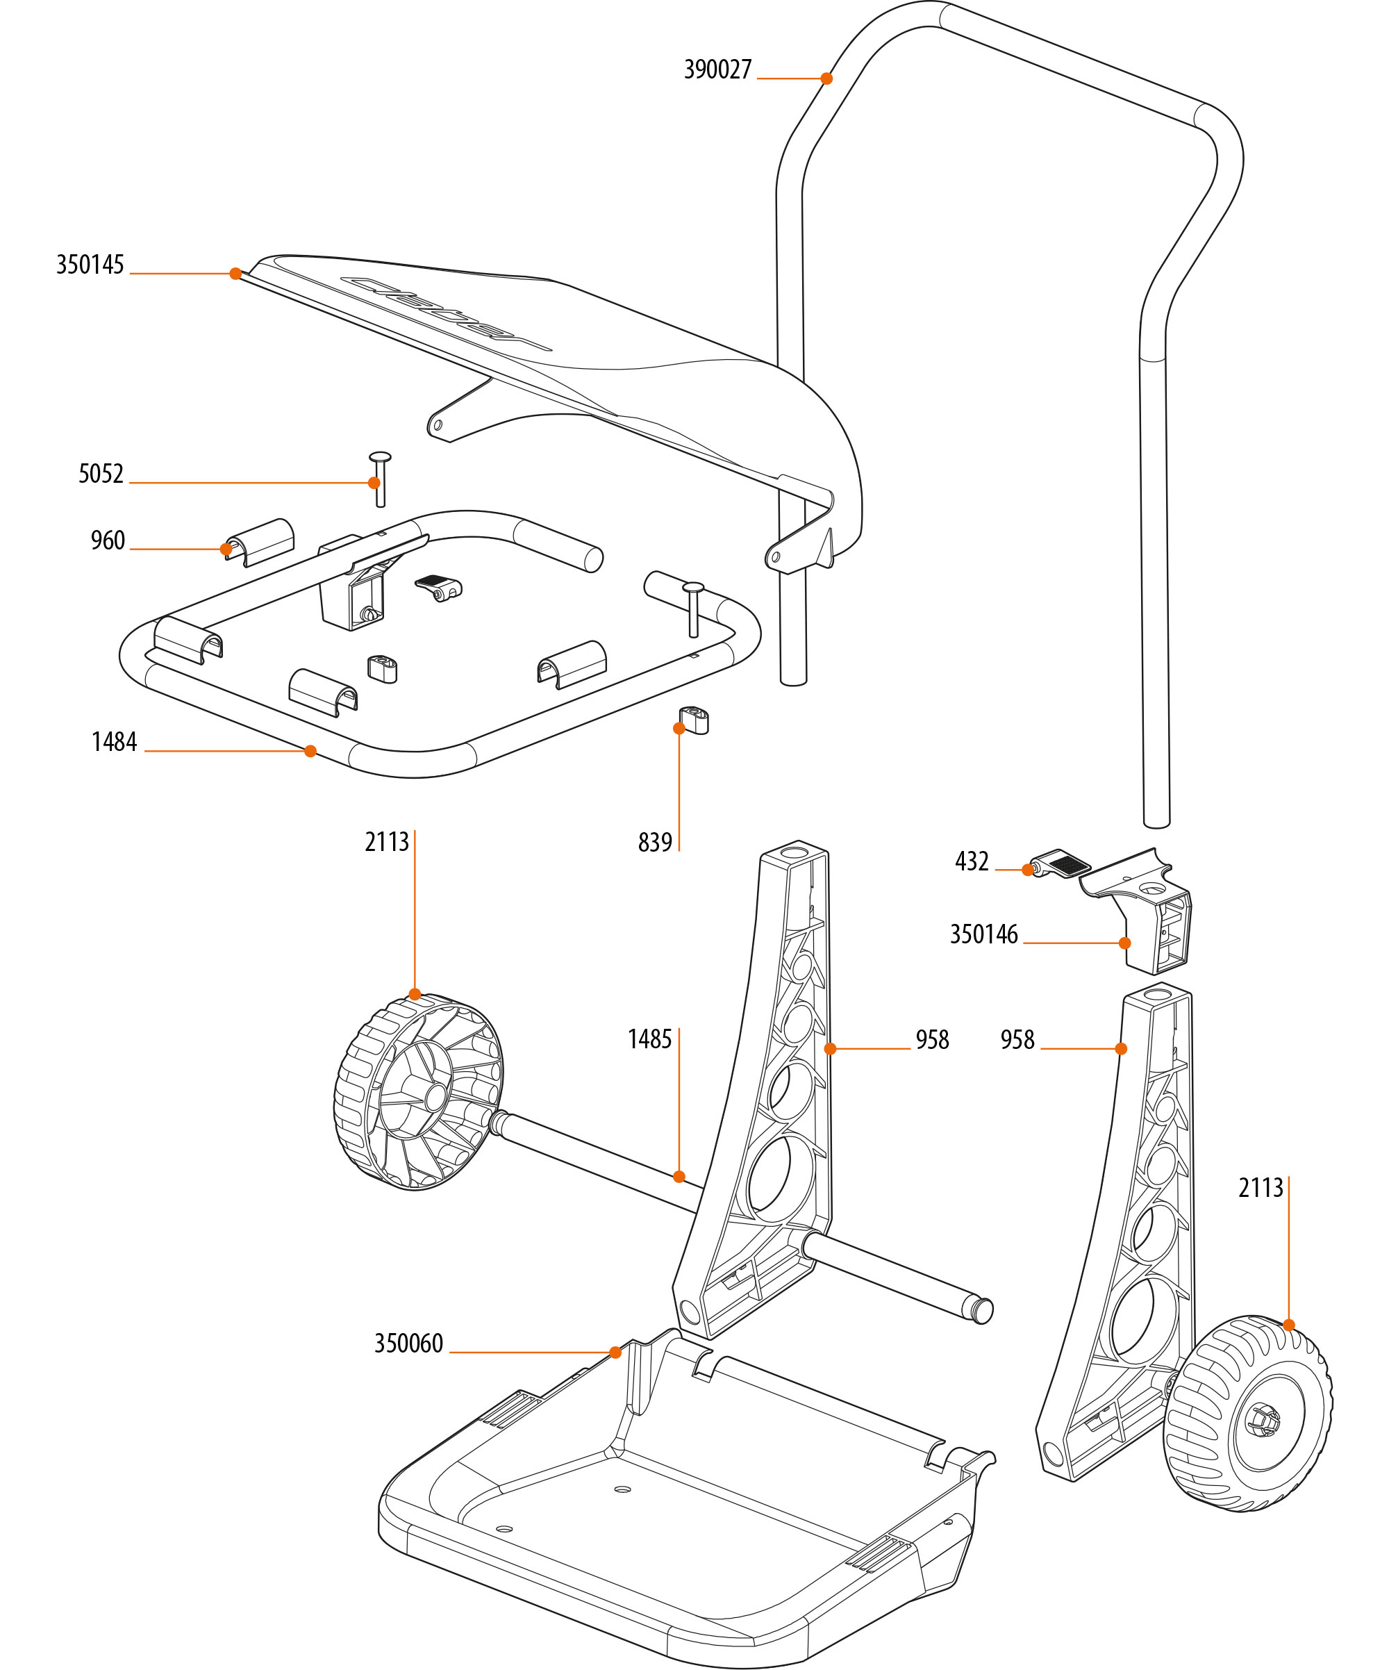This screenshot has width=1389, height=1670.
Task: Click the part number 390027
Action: pos(717,70)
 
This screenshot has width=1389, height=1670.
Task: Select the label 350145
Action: pos(90,265)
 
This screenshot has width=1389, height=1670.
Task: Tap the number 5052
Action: pos(101,474)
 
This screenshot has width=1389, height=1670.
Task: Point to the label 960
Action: pos(108,540)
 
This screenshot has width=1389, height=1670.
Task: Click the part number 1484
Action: pos(114,742)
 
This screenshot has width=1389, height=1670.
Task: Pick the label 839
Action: pos(654,842)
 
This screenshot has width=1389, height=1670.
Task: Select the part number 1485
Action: pos(649,1039)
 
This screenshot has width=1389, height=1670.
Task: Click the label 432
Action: pos(972,861)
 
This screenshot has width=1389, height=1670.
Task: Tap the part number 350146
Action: pos(983,934)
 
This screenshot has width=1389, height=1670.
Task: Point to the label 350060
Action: pos(408,1344)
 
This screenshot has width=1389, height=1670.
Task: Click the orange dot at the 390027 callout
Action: pos(827,78)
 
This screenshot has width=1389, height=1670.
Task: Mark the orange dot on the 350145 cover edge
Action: pos(235,274)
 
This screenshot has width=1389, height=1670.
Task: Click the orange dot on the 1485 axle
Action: pos(679,1177)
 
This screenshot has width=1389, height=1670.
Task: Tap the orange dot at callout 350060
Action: pos(615,1352)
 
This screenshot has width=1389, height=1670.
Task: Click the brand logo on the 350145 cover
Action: pos(445,313)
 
